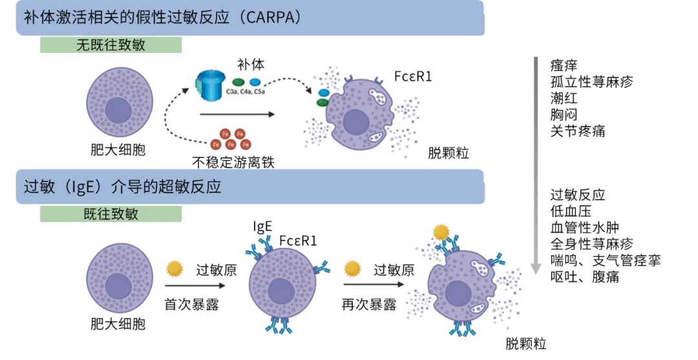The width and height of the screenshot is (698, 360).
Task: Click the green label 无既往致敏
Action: [111, 45]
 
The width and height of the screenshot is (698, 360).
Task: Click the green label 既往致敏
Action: [111, 214]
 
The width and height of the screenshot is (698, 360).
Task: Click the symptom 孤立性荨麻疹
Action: [591, 81]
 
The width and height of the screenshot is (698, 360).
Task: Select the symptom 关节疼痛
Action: [578, 131]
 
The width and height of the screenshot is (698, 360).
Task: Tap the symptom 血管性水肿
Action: [584, 228]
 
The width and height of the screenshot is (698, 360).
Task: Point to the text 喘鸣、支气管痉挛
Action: [605, 260]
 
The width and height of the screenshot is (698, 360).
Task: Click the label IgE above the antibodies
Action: [263, 226]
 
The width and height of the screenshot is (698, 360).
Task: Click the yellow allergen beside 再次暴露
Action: [352, 268]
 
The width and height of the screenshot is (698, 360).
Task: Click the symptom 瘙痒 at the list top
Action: [564, 65]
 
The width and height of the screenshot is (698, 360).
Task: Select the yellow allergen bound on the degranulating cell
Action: [441, 231]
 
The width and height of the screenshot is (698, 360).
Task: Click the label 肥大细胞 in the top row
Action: [118, 151]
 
